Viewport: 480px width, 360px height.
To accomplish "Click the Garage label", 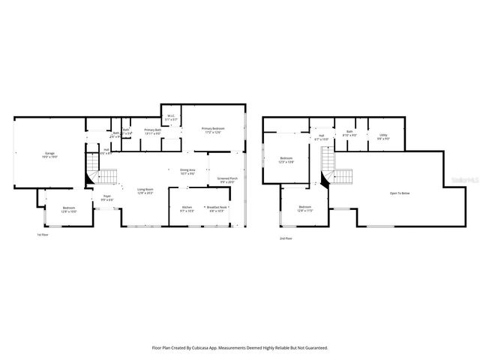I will pyautogui.click(x=49, y=154).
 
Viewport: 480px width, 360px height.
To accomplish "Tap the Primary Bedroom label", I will pyautogui.click(x=213, y=129).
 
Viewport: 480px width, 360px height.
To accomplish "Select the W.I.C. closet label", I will pyautogui.click(x=171, y=116).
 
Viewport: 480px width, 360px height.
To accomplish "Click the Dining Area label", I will pyautogui.click(x=187, y=170).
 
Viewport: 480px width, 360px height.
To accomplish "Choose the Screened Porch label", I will pyautogui.click(x=226, y=178).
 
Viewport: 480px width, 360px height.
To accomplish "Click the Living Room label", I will pyautogui.click(x=145, y=189).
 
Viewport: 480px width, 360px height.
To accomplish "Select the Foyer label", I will pyautogui.click(x=107, y=196).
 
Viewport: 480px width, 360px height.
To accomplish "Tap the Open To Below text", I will pyautogui.click(x=399, y=193).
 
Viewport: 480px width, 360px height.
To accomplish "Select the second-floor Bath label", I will pyautogui.click(x=349, y=131).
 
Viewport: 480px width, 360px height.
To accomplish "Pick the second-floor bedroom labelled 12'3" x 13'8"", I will pyautogui.click(x=286, y=158).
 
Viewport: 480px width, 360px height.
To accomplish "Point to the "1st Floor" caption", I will pyautogui.click(x=43, y=235).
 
